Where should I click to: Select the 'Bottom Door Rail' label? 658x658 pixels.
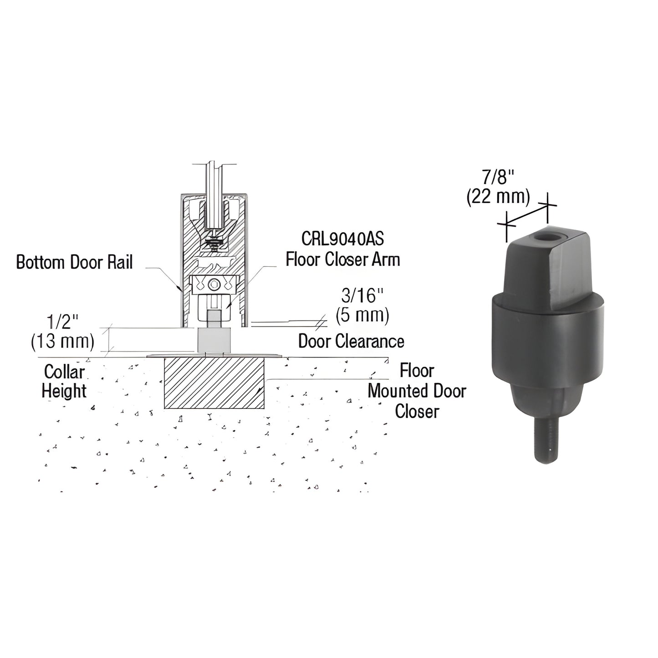(74, 262)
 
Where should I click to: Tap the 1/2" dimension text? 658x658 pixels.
(63, 322)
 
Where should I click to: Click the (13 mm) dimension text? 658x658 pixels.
(63, 342)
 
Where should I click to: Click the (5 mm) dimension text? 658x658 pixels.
(362, 315)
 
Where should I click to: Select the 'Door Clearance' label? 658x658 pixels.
(351, 341)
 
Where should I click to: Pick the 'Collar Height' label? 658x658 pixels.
(64, 381)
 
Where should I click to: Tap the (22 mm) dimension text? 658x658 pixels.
(499, 197)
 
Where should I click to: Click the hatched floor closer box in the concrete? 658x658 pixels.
(214, 383)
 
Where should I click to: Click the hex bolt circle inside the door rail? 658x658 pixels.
(213, 286)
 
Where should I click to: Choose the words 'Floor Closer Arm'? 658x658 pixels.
(343, 260)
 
